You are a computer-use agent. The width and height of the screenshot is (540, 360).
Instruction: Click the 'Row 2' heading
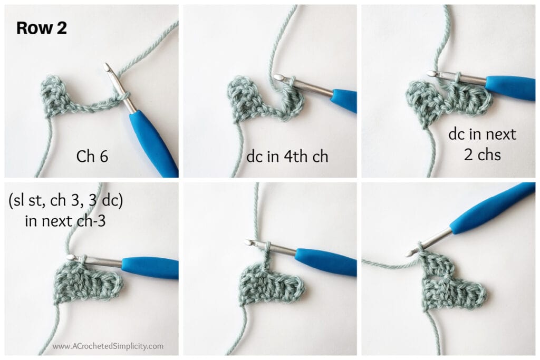pos(42,28)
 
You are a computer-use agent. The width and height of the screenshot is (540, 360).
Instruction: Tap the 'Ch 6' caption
pos(92,156)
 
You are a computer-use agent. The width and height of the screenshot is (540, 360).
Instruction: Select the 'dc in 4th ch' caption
pos(287,157)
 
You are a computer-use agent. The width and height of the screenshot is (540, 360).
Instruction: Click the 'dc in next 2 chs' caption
pos(482,144)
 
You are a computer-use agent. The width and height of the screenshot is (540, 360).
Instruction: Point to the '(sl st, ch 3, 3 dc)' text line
pos(65,200)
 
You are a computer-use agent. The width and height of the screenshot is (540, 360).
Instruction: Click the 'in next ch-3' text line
pos(65,221)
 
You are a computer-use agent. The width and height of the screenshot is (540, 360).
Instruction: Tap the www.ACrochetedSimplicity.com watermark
pos(108,346)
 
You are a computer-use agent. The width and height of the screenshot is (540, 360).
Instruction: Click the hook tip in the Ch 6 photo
pos(107,66)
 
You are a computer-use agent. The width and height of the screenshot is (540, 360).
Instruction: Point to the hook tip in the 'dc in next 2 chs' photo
pos(431,73)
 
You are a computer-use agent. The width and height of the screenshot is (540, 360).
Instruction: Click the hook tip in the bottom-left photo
pos(71,257)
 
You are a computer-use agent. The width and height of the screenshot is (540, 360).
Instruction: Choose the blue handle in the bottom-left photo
pos(150,268)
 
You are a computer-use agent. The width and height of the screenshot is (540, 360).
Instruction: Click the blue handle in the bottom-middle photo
pos(325,261)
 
